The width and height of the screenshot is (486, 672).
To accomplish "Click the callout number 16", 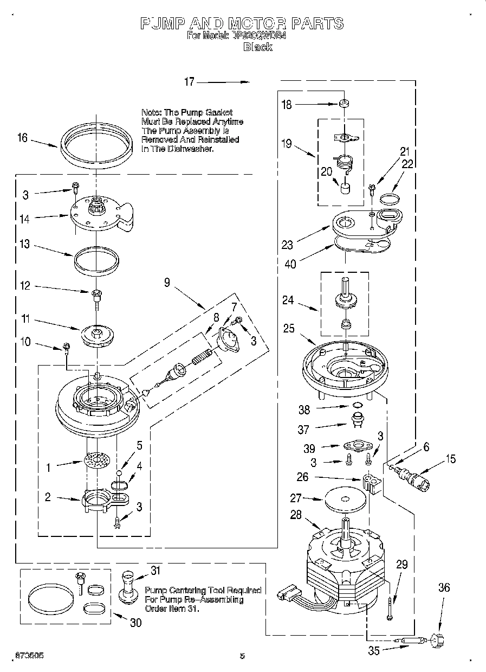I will [x=22, y=138].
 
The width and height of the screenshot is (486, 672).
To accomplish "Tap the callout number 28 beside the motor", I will [x=296, y=515].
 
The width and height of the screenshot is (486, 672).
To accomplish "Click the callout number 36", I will [x=444, y=587].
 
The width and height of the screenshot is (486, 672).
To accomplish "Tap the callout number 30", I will [x=135, y=623].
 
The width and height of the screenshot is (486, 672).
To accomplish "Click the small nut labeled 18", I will [x=344, y=103].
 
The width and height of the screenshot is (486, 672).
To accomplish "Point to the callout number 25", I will [x=289, y=328].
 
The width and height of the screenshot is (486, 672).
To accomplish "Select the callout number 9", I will [x=167, y=282].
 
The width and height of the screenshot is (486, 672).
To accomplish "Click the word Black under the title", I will [x=257, y=47].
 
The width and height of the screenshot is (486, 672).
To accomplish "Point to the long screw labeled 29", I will [x=390, y=605].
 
